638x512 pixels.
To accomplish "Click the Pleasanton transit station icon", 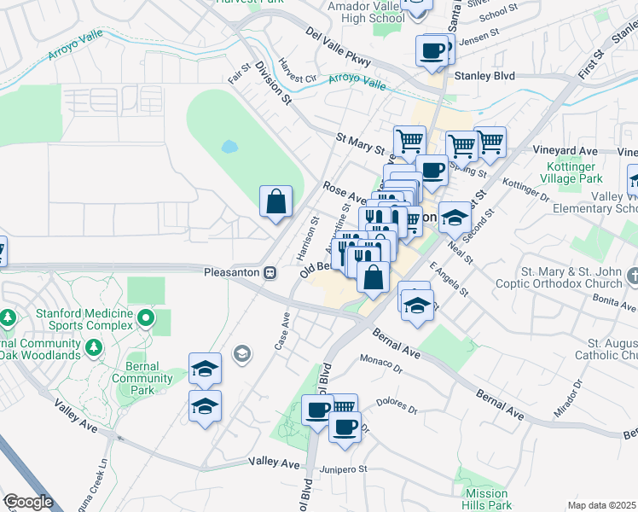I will (x=270, y=272).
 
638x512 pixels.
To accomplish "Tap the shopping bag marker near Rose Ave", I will (x=276, y=202).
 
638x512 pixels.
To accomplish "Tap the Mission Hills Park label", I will (x=486, y=500).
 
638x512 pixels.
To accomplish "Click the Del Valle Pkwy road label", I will (x=339, y=47).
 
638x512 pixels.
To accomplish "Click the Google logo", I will (x=27, y=502).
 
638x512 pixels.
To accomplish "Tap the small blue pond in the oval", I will (x=229, y=146).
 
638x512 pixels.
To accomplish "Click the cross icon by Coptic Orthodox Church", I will (x=632, y=276).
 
